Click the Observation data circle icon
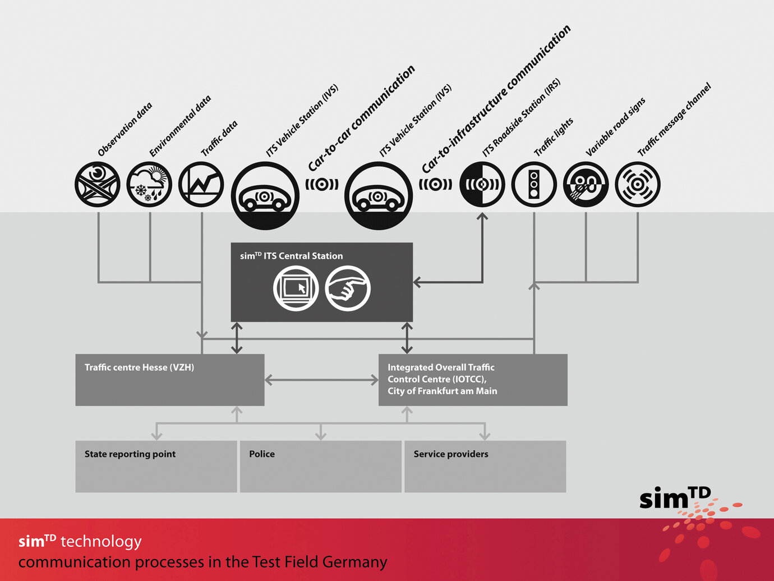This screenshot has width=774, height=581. click(x=98, y=184)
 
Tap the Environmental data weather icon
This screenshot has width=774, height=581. click(x=149, y=184)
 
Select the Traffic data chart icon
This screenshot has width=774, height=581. click(x=201, y=184)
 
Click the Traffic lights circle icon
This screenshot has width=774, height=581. click(x=534, y=184)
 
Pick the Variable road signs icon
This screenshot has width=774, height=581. click(x=586, y=184)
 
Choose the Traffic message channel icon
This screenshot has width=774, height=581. click(x=638, y=184)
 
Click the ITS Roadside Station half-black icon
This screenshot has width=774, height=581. click(x=482, y=184)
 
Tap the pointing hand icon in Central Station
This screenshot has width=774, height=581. click(x=348, y=289)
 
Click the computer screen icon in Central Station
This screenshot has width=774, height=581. click(x=296, y=289)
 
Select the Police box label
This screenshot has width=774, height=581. click(x=262, y=454)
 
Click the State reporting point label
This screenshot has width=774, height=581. click(x=130, y=454)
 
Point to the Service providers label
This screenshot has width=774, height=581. click(x=451, y=454)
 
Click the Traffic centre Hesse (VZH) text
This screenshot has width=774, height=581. click(x=139, y=367)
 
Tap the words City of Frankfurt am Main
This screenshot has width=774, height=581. click(x=442, y=391)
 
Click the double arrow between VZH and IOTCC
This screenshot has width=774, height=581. click(x=321, y=380)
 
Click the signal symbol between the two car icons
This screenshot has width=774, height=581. click(x=322, y=184)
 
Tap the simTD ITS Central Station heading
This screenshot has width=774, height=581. click(x=291, y=256)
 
